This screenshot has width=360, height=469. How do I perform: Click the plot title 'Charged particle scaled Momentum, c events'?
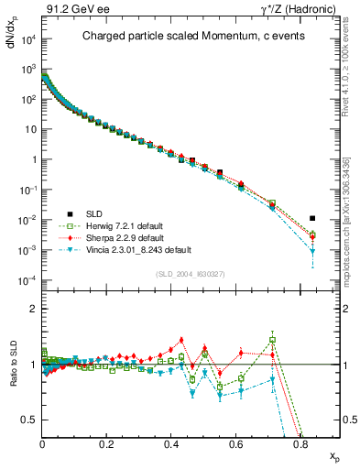tap(184, 37)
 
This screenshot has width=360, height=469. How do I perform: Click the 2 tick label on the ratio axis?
tap(32, 309)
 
